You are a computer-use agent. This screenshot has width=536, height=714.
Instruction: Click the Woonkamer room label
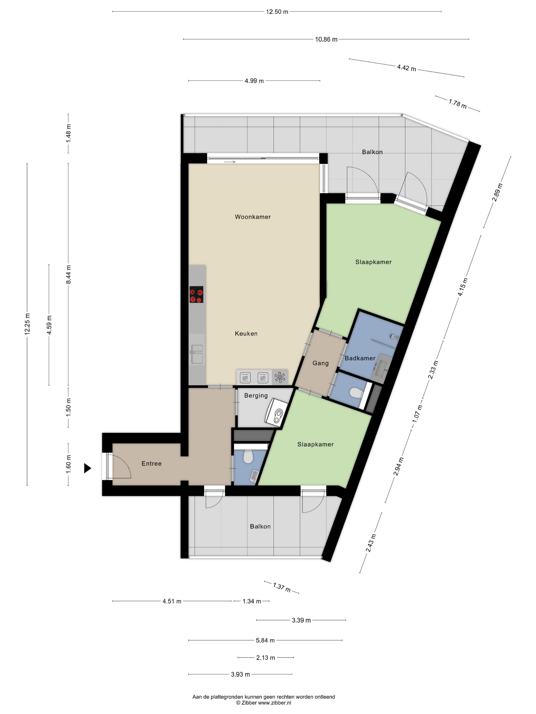pyautogui.click(x=253, y=217)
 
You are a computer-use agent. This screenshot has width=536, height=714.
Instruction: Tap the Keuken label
pyautogui.click(x=246, y=334)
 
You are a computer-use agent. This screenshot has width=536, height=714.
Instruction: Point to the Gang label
pyautogui.click(x=321, y=363)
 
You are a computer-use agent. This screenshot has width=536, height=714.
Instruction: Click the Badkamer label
pyautogui.click(x=360, y=358)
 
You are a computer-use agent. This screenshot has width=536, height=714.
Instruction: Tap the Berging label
pyautogui.click(x=256, y=396)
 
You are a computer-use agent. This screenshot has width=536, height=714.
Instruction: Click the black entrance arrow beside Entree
pyautogui.click(x=88, y=468)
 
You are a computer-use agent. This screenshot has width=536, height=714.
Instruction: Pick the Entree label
pyautogui.click(x=152, y=464)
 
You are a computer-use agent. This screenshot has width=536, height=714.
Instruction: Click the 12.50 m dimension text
pyautogui.click(x=277, y=12)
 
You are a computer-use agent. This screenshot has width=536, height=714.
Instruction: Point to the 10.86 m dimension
pyautogui.click(x=326, y=39)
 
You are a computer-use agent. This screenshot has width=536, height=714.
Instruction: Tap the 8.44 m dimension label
pyautogui.click(x=68, y=274)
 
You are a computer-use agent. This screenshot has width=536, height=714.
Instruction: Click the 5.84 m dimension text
pyautogui.click(x=265, y=640)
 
